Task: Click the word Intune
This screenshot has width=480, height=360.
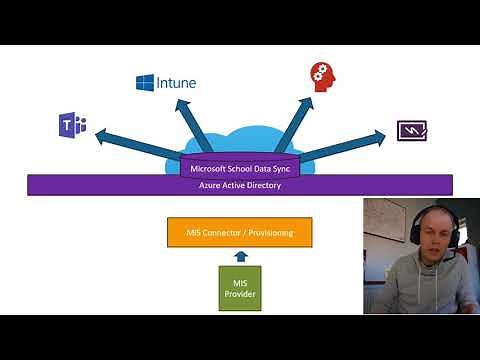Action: tap(177, 82)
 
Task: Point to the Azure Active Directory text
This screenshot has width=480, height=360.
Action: tap(239, 185)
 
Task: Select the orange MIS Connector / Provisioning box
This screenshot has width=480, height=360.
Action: tap(239, 233)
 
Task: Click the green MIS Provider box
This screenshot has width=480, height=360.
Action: tap(239, 288)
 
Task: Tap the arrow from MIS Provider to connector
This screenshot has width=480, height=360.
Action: tap(239, 257)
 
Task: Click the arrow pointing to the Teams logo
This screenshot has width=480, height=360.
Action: tap(130, 141)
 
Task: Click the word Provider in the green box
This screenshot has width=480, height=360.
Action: tap(239, 294)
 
